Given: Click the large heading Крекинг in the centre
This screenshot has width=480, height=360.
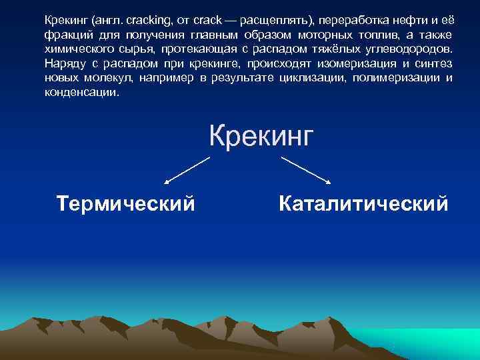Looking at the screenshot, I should tap(261, 136).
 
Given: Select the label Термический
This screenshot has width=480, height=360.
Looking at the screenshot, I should tap(126, 202).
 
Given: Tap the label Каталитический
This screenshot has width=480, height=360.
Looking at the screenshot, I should tap(363, 203).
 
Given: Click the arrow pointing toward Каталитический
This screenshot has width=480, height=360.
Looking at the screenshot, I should tap(306, 169).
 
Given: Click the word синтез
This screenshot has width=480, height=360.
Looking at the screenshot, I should tap(433, 64).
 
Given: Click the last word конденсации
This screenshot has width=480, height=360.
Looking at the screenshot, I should tap(80, 93).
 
